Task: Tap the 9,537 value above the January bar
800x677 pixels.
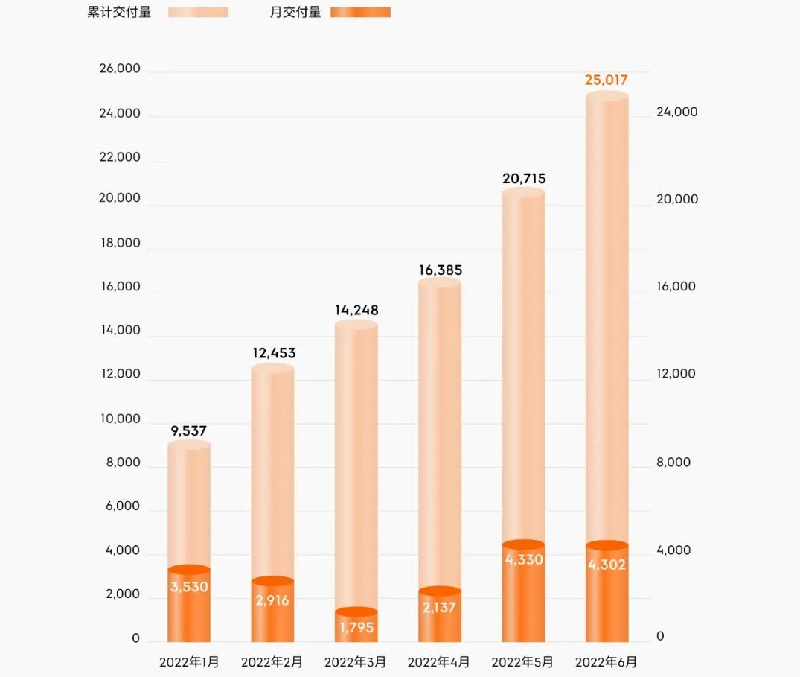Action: (188, 430)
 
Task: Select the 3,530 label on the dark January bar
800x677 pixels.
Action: (189, 587)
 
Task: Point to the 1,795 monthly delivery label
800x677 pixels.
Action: (356, 628)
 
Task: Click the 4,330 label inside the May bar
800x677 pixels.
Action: (524, 559)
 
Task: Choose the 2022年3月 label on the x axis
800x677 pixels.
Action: (356, 661)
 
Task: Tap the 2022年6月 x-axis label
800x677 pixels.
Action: (607, 661)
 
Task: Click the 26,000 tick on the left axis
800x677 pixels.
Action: (119, 69)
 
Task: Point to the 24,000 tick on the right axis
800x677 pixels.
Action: (676, 112)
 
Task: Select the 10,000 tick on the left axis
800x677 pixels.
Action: (119, 419)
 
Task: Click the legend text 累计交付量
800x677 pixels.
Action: (119, 12)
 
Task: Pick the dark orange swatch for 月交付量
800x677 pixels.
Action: (360, 13)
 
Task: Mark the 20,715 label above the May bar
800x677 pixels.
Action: (523, 178)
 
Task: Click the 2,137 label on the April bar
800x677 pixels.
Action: (440, 608)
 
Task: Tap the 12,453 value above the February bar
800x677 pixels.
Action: (274, 353)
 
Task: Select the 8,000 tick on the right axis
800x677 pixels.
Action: (673, 462)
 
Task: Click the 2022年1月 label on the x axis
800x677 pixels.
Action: (189, 661)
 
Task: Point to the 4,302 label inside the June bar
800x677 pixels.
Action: (607, 565)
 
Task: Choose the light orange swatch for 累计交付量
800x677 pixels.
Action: (198, 13)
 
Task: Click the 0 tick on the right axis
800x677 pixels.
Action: (660, 637)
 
